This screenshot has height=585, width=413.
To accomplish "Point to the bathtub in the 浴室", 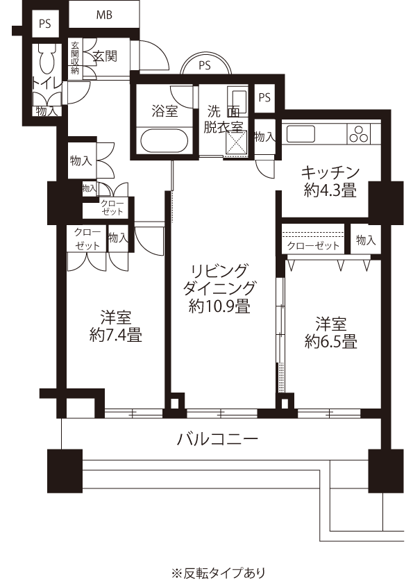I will tap(163, 140).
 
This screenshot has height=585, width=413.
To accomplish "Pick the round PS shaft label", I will tap(204, 66).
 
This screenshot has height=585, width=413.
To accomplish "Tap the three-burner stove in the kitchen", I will tap(360, 134).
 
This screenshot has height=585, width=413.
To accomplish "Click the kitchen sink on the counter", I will tap(300, 133).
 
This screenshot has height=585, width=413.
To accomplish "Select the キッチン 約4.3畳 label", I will tap(330, 180).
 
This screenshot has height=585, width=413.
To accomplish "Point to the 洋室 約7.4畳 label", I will tap(116, 327).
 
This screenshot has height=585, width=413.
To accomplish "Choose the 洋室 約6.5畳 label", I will tap(330, 332).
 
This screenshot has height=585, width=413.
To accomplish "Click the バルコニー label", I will tap(218, 438).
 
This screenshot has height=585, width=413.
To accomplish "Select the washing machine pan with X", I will tap(237, 145).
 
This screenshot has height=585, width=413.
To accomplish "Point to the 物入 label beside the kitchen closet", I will tap(365, 240).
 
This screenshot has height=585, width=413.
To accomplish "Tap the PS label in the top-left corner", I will tap(45, 23).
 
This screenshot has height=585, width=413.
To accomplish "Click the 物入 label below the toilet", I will tap(47, 110).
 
